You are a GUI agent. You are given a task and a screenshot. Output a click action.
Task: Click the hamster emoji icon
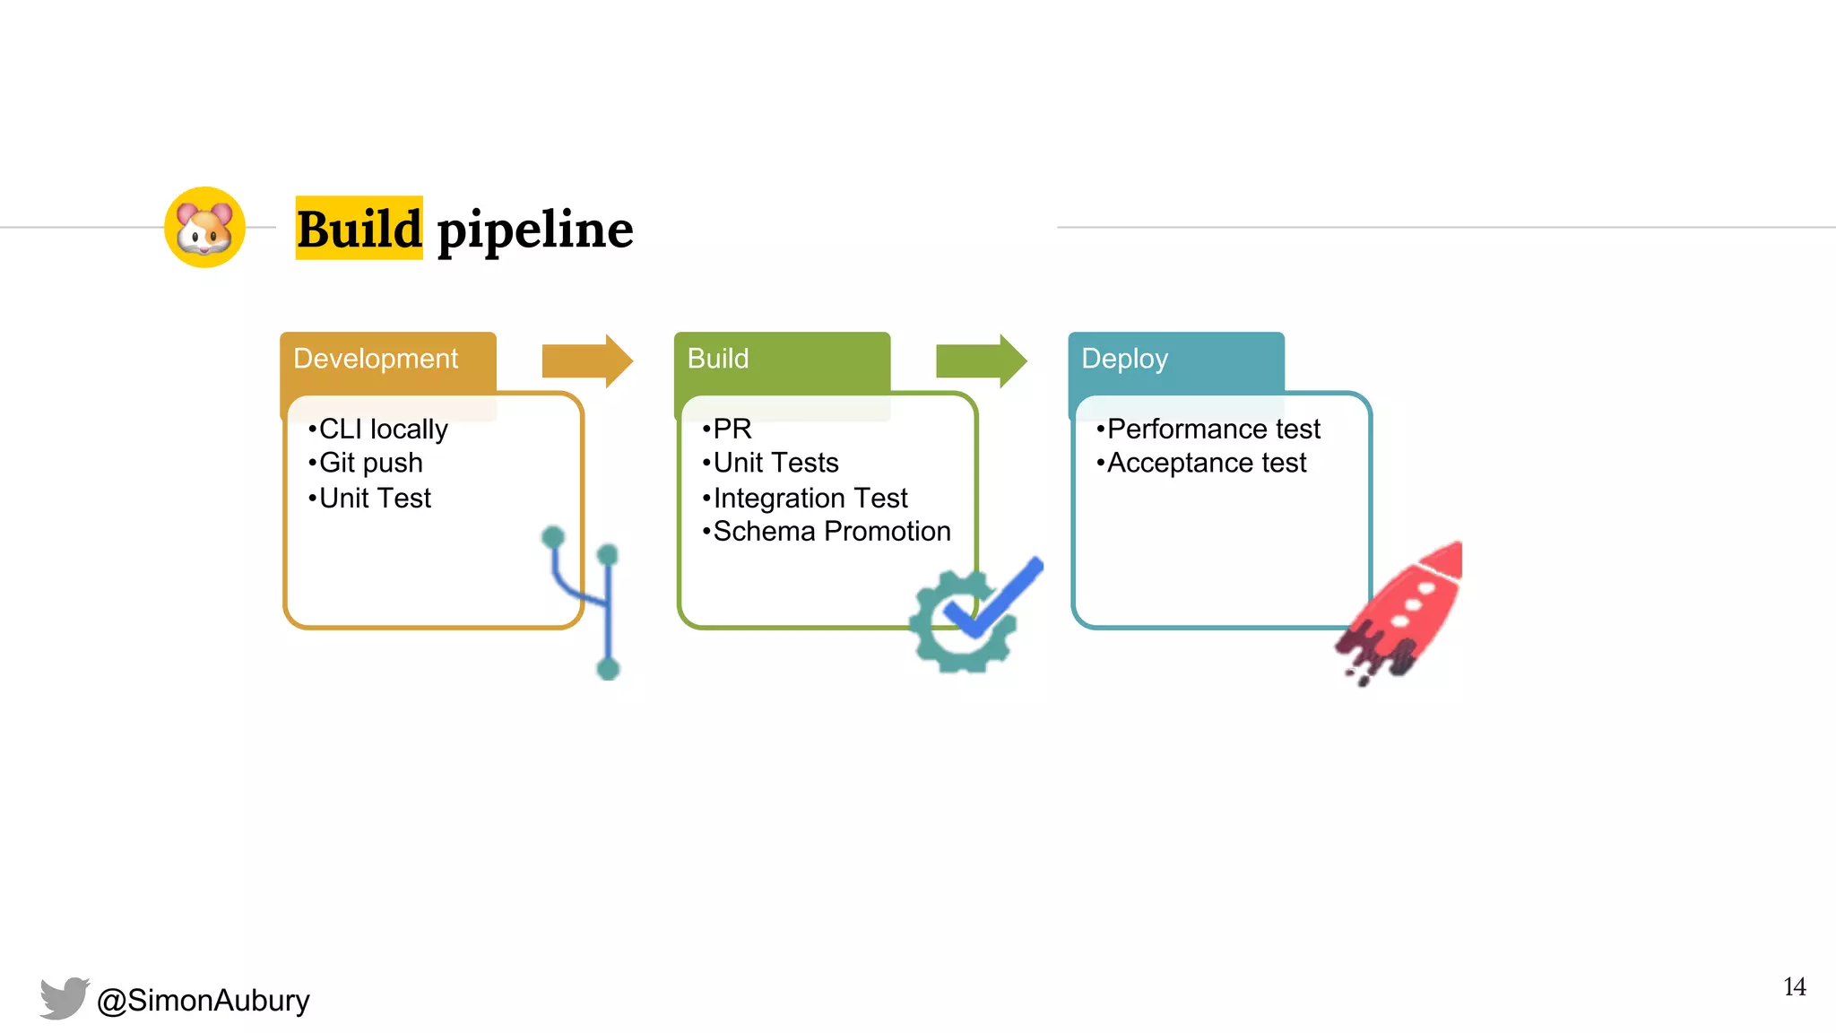pos(204,228)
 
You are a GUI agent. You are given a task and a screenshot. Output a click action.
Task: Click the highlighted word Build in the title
pos(359,229)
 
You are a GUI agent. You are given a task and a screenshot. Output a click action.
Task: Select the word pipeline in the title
pos(535,230)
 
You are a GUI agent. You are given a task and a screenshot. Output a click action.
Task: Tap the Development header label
pos(376,359)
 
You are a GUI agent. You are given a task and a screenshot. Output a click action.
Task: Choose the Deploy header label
pos(1124,359)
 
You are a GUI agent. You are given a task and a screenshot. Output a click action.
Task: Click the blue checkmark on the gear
pos(995,598)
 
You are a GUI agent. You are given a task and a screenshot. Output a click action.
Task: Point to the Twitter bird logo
pos(65,998)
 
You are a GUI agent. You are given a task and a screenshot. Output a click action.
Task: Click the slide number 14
pos(1794,987)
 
